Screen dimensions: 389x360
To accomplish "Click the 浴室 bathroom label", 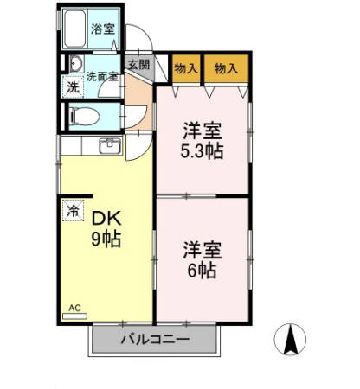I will click(104, 29).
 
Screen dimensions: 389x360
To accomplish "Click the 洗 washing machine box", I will click(74, 86).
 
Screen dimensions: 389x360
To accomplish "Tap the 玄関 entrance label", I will click(138, 65).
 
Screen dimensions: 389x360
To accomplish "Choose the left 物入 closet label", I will click(186, 68).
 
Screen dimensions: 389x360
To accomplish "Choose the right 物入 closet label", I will click(227, 68).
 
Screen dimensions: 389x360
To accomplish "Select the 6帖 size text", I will click(202, 271).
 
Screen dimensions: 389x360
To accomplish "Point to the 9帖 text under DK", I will click(106, 239).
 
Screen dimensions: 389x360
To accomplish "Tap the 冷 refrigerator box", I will click(74, 210).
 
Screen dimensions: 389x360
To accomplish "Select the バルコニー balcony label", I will click(155, 340).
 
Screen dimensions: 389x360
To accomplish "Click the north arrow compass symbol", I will click(289, 339).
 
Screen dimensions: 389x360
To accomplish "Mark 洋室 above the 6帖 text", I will click(202, 250).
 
